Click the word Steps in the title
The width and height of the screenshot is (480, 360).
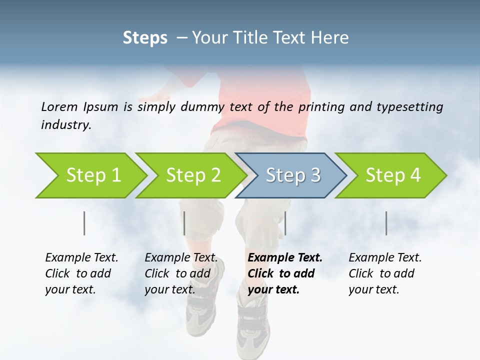tap(145, 38)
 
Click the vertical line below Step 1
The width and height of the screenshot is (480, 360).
tap(84, 223)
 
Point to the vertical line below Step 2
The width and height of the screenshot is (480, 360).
tap(184, 223)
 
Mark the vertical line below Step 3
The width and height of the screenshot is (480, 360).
tap(285, 223)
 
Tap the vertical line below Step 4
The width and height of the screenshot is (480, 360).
tap(386, 223)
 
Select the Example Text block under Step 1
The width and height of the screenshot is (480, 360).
tap(81, 273)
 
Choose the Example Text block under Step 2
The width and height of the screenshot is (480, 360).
tap(181, 273)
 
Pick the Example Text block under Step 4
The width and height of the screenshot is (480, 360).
tap(385, 273)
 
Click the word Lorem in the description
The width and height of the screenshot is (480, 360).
tap(59, 106)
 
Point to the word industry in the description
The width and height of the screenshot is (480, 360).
tap(66, 124)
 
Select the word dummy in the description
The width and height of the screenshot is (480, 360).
tap(207, 106)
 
